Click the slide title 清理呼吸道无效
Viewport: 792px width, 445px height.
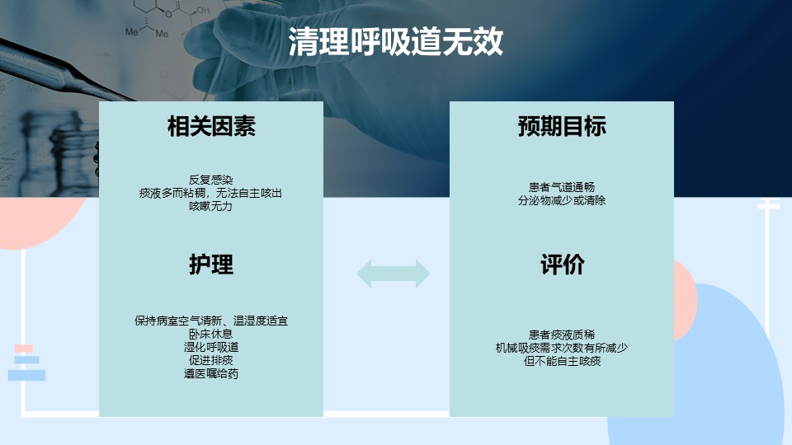pyautogui.click(x=395, y=41)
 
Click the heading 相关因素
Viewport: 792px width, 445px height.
pyautogui.click(x=211, y=126)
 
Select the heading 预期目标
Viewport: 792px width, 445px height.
pyautogui.click(x=562, y=126)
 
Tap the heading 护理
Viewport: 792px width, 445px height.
pyautogui.click(x=211, y=265)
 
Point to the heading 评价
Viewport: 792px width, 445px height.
pyautogui.click(x=562, y=265)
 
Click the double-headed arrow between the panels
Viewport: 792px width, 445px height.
pyautogui.click(x=394, y=274)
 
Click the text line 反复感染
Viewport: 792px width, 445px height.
pyautogui.click(x=211, y=180)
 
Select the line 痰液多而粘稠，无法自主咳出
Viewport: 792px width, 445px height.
pyautogui.click(x=210, y=193)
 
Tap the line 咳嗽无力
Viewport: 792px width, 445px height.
pyautogui.click(x=211, y=206)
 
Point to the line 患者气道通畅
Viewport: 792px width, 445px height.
pyautogui.click(x=562, y=187)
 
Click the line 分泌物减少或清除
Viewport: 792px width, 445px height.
pyautogui.click(x=562, y=200)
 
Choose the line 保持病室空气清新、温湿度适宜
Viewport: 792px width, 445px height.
pyautogui.click(x=211, y=321)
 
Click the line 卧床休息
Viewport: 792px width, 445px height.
pyautogui.click(x=211, y=334)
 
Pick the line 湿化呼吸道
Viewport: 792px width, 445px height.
pyautogui.click(x=211, y=347)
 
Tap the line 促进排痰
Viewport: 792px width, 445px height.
pyautogui.click(x=211, y=360)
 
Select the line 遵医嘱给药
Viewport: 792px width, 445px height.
pyautogui.click(x=211, y=374)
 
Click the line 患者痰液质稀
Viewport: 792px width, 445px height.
pyautogui.click(x=562, y=335)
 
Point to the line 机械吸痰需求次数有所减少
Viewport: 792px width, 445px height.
pyautogui.click(x=562, y=348)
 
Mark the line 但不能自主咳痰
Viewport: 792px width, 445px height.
pyautogui.click(x=562, y=361)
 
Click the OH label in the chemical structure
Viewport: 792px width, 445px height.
pyautogui.click(x=203, y=10)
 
